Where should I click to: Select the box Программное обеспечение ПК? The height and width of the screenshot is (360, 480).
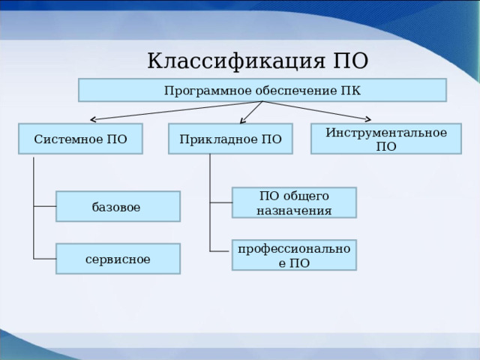262,91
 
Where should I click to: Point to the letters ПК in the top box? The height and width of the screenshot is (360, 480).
350,91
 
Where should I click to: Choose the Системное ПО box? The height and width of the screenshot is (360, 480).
80,139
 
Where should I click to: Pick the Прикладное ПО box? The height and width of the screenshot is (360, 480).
229,139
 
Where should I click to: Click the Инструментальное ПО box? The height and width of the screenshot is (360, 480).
386,139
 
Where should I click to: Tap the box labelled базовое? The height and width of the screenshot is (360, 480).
117,206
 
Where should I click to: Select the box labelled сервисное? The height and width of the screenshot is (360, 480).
118,259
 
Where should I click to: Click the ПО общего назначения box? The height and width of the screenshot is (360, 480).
294,202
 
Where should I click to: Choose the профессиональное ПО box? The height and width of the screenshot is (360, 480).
294,255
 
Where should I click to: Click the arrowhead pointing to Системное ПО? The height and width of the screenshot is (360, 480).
92,118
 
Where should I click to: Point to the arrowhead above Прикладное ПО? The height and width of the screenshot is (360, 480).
243,119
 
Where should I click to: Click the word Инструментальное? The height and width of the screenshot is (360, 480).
386,132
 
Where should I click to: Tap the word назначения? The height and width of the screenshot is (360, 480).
294,210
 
